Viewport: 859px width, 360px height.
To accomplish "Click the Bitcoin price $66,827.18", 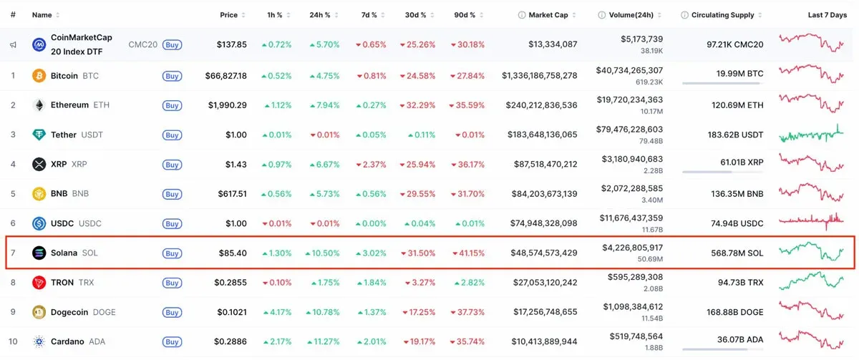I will tap(223, 75).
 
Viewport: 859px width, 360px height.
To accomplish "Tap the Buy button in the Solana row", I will tap(172, 253).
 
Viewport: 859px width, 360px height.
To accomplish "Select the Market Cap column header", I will tap(548, 15).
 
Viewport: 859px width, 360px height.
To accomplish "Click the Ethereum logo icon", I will tap(39, 105).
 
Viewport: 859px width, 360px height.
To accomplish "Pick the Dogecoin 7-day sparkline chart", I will tap(812, 311).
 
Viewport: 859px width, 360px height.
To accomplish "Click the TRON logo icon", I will tap(39, 283).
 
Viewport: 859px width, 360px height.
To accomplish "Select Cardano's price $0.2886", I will tap(230, 342).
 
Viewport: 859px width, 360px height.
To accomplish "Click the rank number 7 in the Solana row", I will tap(13, 253).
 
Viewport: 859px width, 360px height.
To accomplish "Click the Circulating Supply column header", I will tap(722, 15).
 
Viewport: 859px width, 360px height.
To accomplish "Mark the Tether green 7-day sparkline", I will tap(812, 135).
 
